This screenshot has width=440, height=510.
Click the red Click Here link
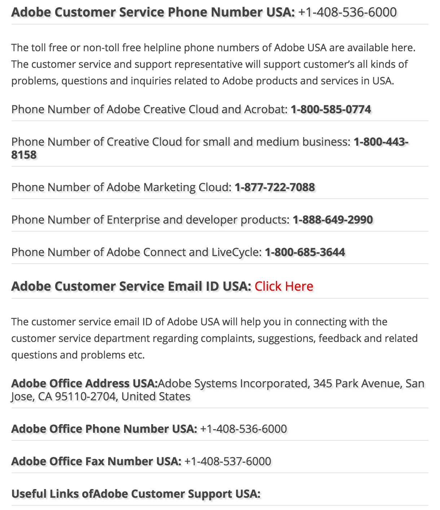tap(284, 286)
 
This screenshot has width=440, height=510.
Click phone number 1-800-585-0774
tap(331, 109)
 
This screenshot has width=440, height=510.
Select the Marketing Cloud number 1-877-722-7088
tap(274, 187)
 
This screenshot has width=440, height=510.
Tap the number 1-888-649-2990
tap(333, 220)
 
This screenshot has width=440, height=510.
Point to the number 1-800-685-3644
tap(305, 252)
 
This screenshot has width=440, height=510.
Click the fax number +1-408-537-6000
tap(228, 461)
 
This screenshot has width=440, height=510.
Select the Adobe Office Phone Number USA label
tap(104, 429)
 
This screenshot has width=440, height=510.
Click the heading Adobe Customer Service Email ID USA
tap(131, 286)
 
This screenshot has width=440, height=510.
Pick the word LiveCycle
tap(235, 252)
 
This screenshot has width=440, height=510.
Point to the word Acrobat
tap(265, 109)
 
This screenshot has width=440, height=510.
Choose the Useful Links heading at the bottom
tap(136, 494)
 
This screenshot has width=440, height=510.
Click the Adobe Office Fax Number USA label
tap(96, 461)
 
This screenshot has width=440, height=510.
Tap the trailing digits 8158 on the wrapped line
tap(24, 155)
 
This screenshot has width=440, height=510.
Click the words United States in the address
tap(156, 397)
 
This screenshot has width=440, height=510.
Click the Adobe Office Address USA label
tap(84, 383)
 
